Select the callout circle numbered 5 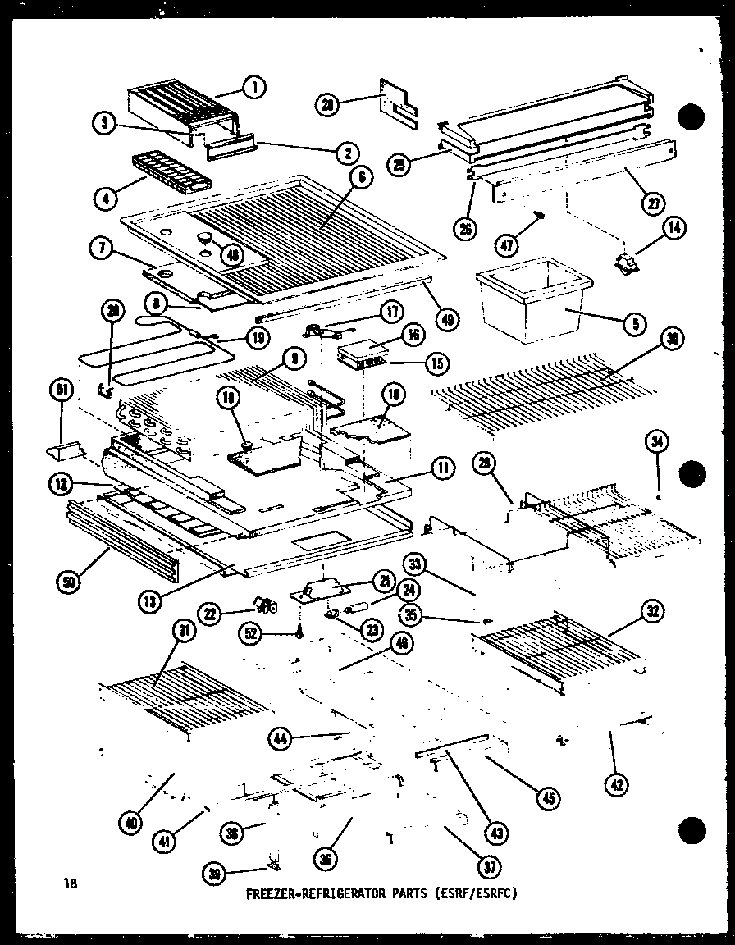tap(634, 325)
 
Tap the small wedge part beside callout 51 tap(62, 450)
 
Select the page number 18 tap(70, 883)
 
